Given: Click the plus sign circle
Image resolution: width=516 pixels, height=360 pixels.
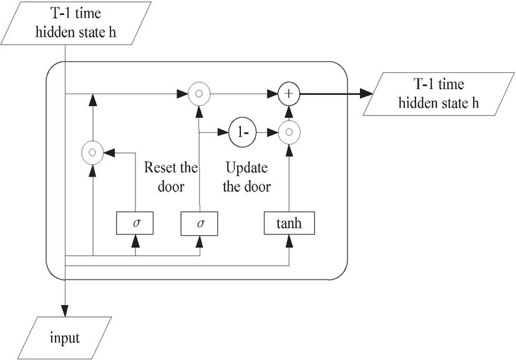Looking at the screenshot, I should tap(289, 94).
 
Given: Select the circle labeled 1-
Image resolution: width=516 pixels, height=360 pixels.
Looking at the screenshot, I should tap(242, 132).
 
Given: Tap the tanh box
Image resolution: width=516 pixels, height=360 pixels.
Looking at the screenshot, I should tap(290, 223).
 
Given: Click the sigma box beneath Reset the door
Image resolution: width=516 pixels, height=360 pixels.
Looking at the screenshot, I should tap(199, 223).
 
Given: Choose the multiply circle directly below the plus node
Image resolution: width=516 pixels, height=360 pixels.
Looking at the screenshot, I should tap(289, 132).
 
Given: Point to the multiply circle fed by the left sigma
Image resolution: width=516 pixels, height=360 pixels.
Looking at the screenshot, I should tap(92, 152).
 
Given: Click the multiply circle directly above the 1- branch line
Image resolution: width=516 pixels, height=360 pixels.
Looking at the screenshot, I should tap(199, 94).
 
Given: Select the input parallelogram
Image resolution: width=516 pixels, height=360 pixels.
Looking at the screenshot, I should tap(65, 338).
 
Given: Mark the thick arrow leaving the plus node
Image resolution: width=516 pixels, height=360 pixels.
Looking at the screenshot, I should tap(337, 94).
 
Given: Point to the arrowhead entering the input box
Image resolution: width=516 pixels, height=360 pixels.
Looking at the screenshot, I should tap(65, 313).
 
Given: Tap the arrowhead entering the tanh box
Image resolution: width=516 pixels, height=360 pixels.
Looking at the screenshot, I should tap(290, 240).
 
